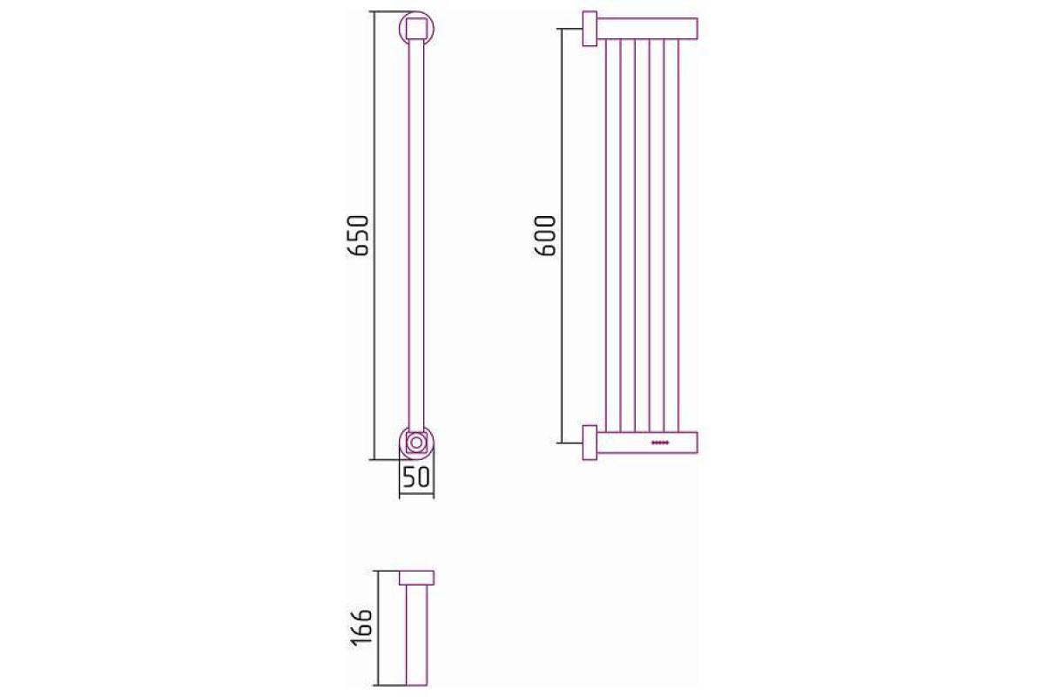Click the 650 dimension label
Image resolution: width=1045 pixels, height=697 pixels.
[x=358, y=235]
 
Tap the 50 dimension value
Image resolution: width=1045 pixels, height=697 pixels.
[x=416, y=477]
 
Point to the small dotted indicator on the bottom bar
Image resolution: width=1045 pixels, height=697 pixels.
[x=661, y=443]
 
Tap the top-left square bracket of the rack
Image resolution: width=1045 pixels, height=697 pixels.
[x=590, y=29]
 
